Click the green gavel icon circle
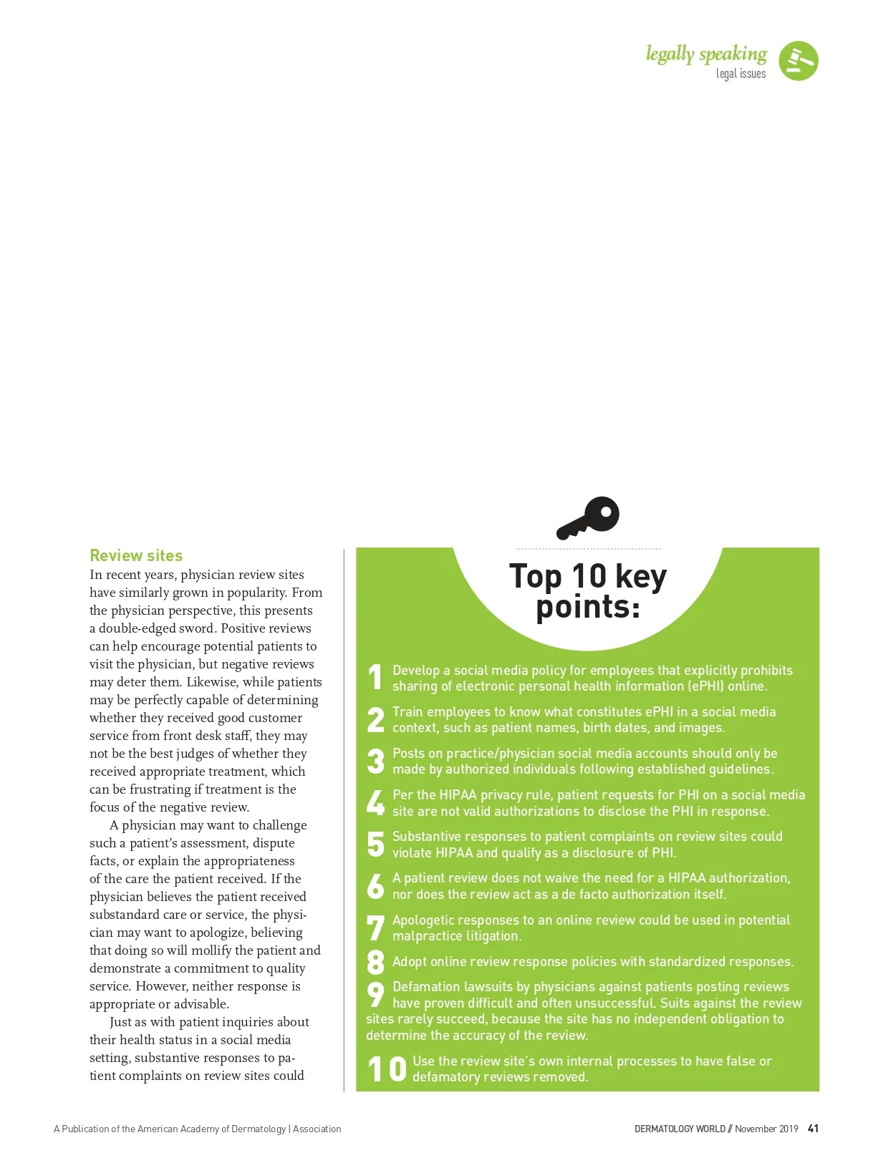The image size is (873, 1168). click(x=798, y=61)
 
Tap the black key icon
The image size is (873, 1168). click(x=588, y=517)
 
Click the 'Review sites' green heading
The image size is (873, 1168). click(x=136, y=555)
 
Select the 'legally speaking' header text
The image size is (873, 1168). click(x=706, y=54)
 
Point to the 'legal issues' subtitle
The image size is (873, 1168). click(x=741, y=74)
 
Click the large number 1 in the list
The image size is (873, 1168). click(x=375, y=677)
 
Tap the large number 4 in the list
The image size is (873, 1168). click(x=375, y=802)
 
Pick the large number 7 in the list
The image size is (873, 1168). click(x=375, y=928)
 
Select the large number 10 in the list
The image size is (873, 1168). click(x=387, y=1069)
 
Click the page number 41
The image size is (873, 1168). click(x=813, y=1129)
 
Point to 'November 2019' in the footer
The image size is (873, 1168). click(x=766, y=1129)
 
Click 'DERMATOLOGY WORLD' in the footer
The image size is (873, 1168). click(x=680, y=1129)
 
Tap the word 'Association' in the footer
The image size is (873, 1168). click(x=317, y=1129)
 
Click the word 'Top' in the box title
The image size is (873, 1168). click(x=536, y=577)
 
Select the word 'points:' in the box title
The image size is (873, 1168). click(x=588, y=607)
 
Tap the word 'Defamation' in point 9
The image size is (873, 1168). click(x=425, y=987)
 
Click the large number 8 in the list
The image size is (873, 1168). click(x=375, y=962)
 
